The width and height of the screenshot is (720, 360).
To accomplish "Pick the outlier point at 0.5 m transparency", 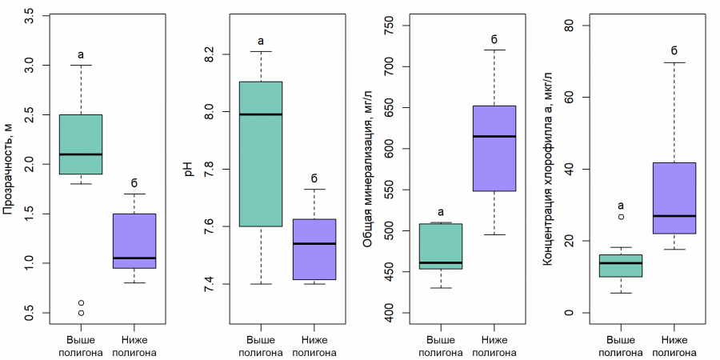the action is (81, 313).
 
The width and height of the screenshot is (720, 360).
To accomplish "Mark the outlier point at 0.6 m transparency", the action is (81, 302).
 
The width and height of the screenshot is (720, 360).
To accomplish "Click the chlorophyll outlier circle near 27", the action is (621, 217).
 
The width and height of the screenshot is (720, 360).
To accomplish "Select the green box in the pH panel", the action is (261, 154).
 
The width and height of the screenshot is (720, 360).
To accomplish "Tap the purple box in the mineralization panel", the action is (494, 148).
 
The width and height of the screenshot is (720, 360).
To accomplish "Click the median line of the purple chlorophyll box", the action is (674, 216).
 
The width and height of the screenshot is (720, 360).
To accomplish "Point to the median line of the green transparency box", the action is (81, 154).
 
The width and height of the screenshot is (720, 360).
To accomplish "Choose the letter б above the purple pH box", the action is (314, 178).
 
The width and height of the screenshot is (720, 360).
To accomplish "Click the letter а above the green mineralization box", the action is (441, 212).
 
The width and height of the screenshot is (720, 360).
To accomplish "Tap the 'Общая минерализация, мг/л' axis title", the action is (368, 169).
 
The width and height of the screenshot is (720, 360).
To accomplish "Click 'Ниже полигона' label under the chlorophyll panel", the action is (674, 346).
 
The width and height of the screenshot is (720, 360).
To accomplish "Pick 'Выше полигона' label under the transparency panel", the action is (81, 346).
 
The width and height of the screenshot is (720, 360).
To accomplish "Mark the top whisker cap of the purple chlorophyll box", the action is (674, 62).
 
